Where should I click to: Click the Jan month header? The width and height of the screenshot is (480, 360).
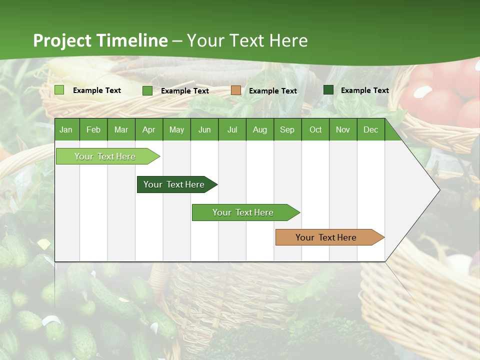click(x=66, y=129)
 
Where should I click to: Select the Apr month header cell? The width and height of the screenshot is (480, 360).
click(x=148, y=129)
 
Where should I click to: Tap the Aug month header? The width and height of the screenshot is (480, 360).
click(x=259, y=129)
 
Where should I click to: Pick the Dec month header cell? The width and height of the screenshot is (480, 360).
click(x=370, y=129)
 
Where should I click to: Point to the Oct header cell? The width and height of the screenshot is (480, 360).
click(x=315, y=129)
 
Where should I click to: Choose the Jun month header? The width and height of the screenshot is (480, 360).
click(x=204, y=129)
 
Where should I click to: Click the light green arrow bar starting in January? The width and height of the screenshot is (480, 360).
click(x=105, y=156)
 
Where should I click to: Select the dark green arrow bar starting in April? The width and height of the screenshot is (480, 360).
click(x=174, y=184)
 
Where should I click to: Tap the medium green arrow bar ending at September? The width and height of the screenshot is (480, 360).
click(x=243, y=212)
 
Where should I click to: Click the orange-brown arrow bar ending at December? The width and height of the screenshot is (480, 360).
click(x=326, y=237)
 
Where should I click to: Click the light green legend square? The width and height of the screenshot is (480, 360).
click(x=59, y=90)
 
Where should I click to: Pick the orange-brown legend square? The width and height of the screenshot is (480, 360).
click(x=236, y=90)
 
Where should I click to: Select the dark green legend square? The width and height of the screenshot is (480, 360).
click(x=328, y=90)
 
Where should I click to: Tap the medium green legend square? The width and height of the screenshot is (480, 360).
click(x=147, y=90)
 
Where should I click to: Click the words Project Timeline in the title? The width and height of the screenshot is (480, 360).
click(x=100, y=40)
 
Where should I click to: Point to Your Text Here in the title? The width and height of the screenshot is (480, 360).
click(x=247, y=40)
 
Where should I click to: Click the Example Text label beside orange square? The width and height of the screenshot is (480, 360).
click(x=272, y=91)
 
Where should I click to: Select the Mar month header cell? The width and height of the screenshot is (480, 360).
click(x=121, y=129)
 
